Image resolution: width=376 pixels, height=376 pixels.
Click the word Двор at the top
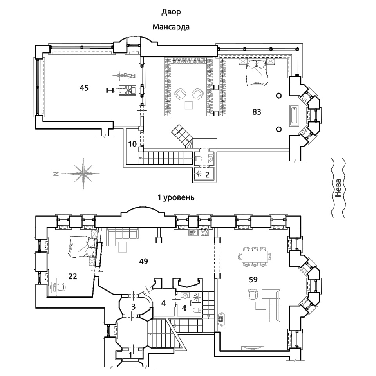click(x=171, y=12)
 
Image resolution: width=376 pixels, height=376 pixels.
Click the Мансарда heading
click(x=171, y=27)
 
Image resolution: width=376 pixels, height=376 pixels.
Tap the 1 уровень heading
click(x=176, y=197)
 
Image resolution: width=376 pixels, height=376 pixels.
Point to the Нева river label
click(x=338, y=188)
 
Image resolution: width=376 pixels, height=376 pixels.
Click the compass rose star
click(x=83, y=173)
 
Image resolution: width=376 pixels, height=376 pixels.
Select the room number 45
click(x=84, y=88)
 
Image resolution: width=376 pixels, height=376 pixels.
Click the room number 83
click(x=257, y=112)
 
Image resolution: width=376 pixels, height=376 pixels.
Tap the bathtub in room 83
click(x=294, y=115)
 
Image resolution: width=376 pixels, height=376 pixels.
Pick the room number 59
click(x=253, y=279)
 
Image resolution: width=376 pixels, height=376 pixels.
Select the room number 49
click(x=143, y=261)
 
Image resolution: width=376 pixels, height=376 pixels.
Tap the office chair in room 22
click(x=62, y=287)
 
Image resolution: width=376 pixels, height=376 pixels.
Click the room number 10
click(x=132, y=144)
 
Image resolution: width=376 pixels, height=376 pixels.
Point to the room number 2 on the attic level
click(x=207, y=175)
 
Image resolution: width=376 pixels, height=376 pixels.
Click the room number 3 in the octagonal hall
click(x=133, y=306)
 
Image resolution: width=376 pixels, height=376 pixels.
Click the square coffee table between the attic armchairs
click(x=189, y=105)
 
